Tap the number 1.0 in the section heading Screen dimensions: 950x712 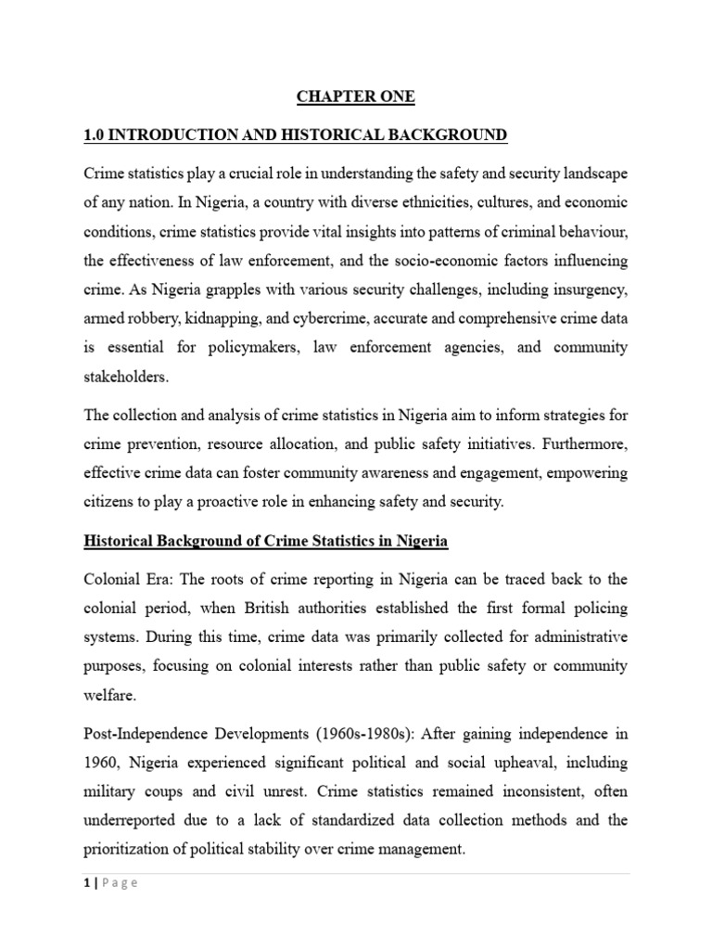click(x=95, y=135)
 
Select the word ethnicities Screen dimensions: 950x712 click(x=397, y=203)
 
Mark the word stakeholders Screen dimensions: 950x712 click(x=123, y=378)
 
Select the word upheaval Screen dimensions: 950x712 click(x=516, y=763)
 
